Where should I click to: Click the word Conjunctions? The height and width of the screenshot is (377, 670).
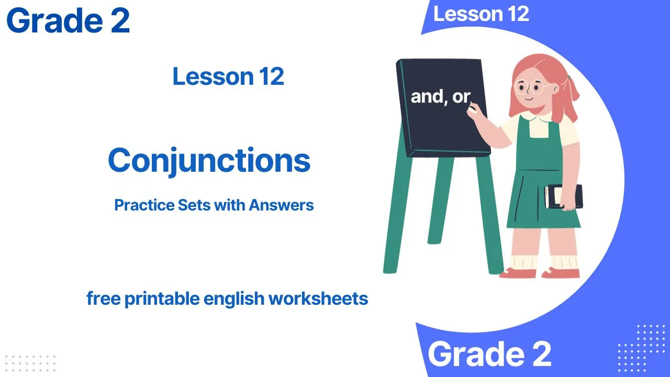209,161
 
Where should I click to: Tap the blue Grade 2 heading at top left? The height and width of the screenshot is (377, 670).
68,20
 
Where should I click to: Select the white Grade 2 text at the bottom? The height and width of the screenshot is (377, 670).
489,354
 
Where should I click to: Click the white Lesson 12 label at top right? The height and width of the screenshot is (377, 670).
481,14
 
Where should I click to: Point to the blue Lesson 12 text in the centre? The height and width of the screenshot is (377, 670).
228,76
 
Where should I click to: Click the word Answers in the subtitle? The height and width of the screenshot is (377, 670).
281,205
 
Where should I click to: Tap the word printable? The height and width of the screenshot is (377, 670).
162,298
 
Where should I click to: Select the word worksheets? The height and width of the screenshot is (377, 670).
318,298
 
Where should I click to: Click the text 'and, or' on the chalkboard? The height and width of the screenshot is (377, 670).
441,97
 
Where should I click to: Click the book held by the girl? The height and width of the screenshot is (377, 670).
563,196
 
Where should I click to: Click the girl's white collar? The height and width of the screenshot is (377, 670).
539,118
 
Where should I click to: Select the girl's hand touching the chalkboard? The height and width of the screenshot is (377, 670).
473,112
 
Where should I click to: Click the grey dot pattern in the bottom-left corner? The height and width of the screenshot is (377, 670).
30,364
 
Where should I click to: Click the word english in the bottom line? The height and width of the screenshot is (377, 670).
234,298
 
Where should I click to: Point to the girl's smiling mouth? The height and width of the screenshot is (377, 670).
529,99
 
